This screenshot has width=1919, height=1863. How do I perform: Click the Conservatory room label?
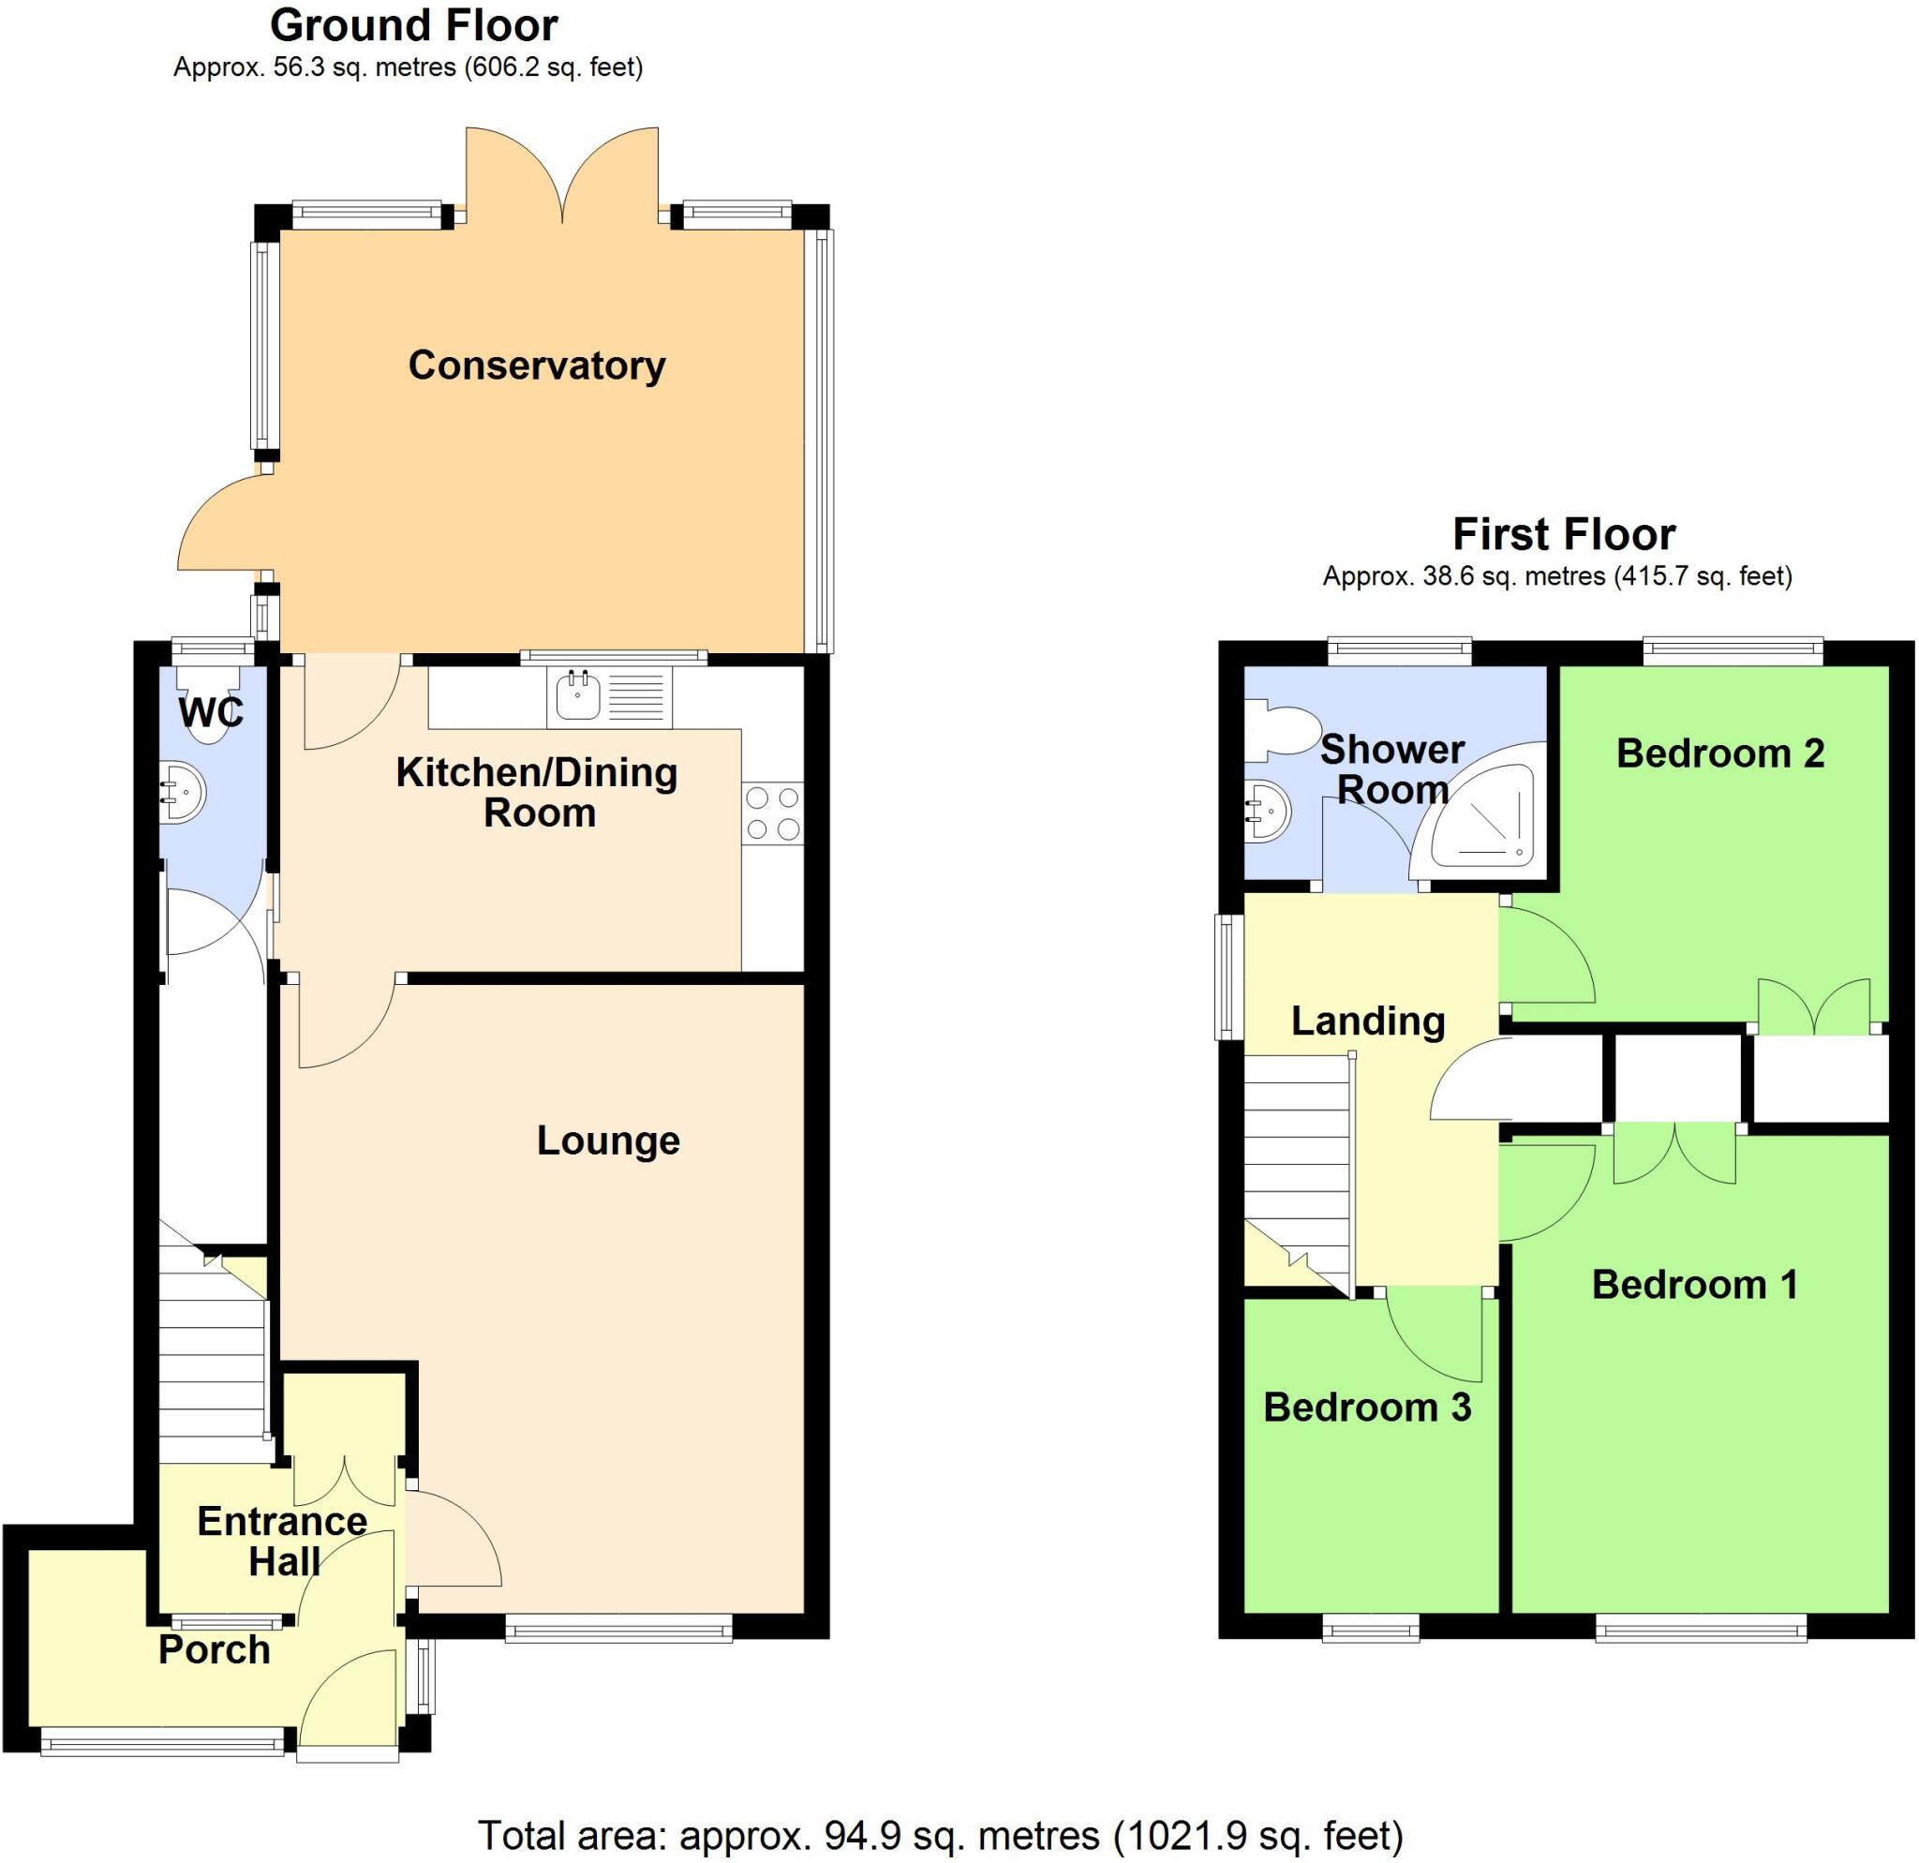click(537, 365)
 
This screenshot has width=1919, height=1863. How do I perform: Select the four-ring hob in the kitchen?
click(772, 813)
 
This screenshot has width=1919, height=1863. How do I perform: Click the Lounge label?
click(608, 1140)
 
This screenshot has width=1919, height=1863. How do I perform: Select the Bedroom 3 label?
click(1367, 1408)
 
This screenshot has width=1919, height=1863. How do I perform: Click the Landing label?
click(1368, 1021)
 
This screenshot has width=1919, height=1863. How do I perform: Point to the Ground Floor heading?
click(414, 26)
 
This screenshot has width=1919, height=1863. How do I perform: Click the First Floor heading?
click(1564, 534)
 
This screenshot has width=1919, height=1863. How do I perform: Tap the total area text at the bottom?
click(940, 1835)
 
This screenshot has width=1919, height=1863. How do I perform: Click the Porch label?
click(215, 1649)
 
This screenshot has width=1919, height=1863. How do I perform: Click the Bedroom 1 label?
click(1695, 1285)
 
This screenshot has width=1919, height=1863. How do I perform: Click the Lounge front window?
click(618, 1628)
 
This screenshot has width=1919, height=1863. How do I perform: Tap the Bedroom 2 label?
click(1720, 753)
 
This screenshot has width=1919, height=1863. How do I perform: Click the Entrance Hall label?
click(283, 1541)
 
